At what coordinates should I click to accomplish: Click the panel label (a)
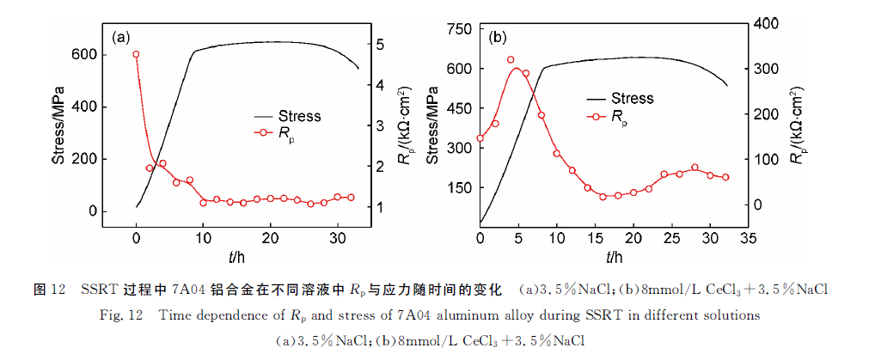pyautogui.click(x=121, y=37)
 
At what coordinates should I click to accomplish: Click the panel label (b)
pyautogui.click(x=498, y=38)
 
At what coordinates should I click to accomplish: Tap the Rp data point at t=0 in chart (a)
pyautogui.click(x=136, y=55)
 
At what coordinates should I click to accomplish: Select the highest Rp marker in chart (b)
pyautogui.click(x=511, y=60)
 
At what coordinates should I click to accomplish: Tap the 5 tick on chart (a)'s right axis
pyautogui.click(x=381, y=45)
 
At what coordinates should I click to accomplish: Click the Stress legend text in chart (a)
pyautogui.click(x=300, y=116)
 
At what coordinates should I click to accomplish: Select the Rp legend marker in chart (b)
pyautogui.click(x=594, y=116)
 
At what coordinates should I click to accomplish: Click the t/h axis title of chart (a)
pyautogui.click(x=236, y=256)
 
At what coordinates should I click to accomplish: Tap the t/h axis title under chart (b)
pyautogui.click(x=613, y=256)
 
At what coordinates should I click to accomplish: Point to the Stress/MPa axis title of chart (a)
pyautogui.click(x=62, y=125)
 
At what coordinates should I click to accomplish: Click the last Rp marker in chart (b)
pyautogui.click(x=725, y=177)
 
